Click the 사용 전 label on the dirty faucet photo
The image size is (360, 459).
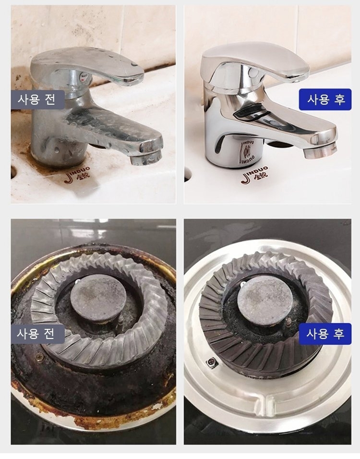click(x=37, y=99)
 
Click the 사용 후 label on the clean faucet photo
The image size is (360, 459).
click(x=325, y=99)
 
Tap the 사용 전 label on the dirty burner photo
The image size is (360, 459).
click(x=37, y=334)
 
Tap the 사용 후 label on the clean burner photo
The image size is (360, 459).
click(x=325, y=334)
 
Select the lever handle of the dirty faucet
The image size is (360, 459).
click(x=87, y=65)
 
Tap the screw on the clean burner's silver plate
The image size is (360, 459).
click(x=211, y=362)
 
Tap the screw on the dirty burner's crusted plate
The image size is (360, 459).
click(x=38, y=357)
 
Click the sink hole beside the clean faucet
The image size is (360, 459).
click(x=187, y=175)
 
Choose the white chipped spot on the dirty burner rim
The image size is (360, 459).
click(x=157, y=406)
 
